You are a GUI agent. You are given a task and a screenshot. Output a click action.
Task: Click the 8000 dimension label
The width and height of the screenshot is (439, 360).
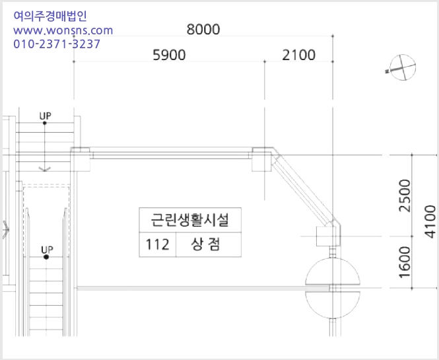(x=203, y=30)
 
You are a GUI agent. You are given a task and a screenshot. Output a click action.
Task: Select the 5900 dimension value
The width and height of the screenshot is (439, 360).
(x=169, y=55)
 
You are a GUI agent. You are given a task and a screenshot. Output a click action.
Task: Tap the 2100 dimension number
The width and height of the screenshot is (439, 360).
(x=299, y=55)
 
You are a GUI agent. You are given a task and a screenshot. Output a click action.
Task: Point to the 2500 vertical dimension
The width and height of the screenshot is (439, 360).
(x=405, y=196)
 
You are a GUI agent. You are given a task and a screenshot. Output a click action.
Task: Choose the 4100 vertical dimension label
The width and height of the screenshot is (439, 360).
(x=430, y=222)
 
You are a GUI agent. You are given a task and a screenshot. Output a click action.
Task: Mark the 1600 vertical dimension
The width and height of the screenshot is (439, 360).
(x=405, y=262)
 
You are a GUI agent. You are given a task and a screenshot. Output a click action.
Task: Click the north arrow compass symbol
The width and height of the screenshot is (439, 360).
(x=401, y=67)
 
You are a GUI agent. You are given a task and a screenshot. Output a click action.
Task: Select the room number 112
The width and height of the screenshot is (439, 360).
(x=157, y=244)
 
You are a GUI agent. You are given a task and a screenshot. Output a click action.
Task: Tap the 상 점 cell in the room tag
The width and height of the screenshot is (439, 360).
(x=206, y=244)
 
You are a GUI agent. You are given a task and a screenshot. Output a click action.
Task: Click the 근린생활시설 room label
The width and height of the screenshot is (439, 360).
(x=190, y=220)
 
